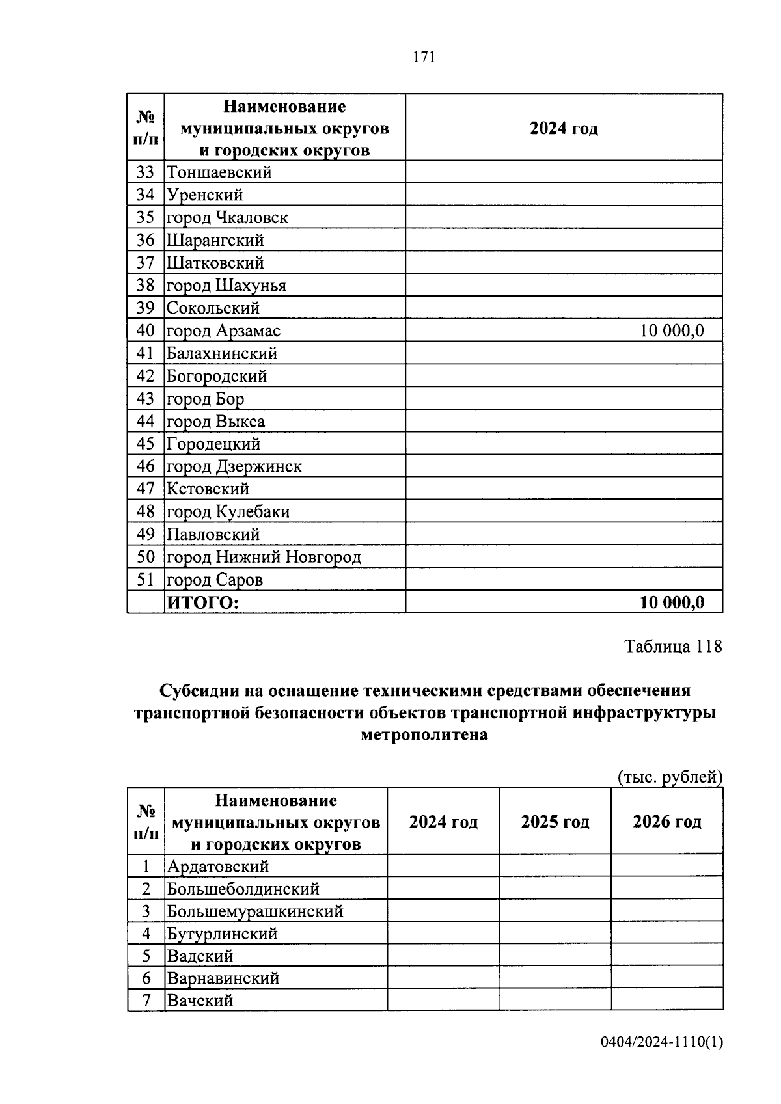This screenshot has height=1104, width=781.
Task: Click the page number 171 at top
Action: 423,57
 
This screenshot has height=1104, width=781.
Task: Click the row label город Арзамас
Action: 223,331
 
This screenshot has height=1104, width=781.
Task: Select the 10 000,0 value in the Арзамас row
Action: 672,331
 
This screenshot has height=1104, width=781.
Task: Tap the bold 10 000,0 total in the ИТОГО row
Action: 672,602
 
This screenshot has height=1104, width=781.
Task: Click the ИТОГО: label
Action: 203,603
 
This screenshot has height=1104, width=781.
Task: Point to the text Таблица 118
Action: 673,647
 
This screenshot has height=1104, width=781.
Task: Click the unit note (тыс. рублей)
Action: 670,777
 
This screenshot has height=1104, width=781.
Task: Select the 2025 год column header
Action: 555,822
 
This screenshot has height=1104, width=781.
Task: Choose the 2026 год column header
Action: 667,822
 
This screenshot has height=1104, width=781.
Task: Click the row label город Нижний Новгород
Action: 264,558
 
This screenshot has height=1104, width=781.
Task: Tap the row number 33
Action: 145,172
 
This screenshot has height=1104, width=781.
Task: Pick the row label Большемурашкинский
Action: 254,911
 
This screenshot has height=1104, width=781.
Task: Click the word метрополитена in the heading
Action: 424,735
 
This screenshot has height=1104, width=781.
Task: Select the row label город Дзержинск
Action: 234,466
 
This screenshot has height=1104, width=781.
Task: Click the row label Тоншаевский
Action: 219,172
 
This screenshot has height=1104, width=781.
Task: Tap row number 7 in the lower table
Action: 146,1001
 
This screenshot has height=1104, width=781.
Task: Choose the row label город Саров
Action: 215,580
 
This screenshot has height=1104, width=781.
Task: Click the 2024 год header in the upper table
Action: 563,128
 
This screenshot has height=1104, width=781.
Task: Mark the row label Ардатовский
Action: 217,867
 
